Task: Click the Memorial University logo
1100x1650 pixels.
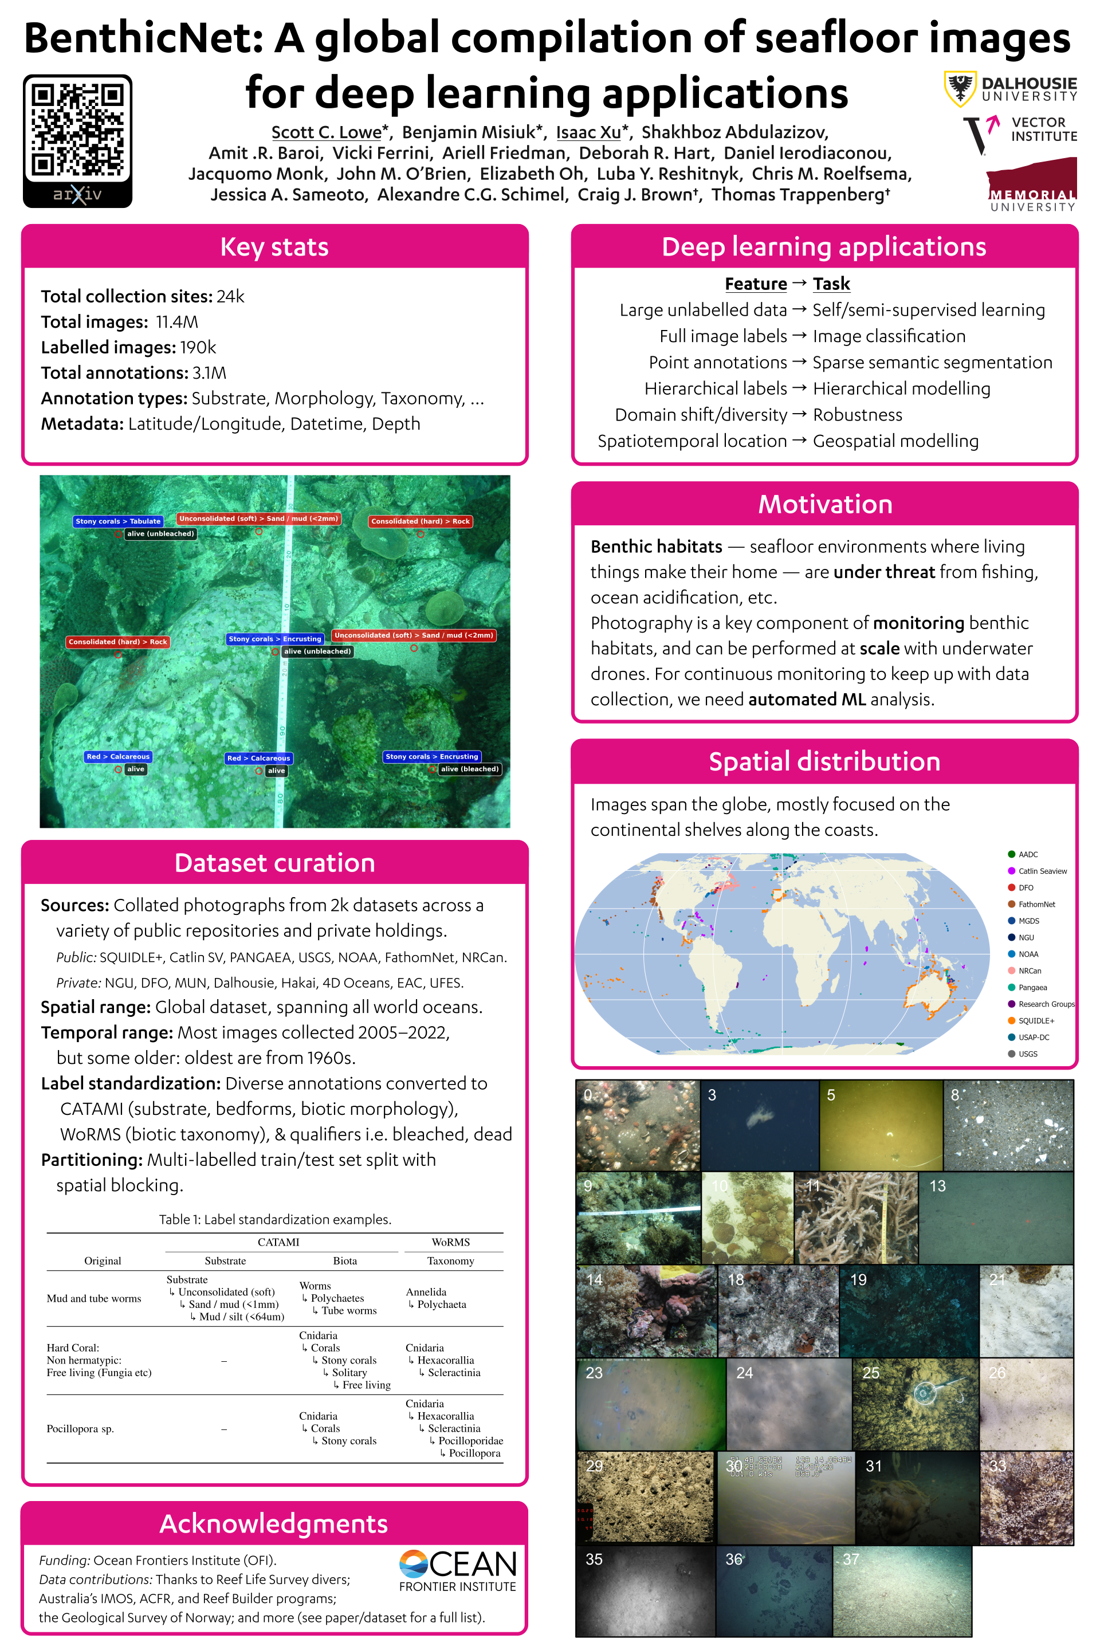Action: pyautogui.click(x=1031, y=185)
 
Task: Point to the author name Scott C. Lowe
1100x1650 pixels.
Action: pyautogui.click(x=326, y=132)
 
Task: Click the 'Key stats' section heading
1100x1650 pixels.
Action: pyautogui.click(x=274, y=247)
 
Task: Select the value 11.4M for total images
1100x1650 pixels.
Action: pyautogui.click(x=177, y=322)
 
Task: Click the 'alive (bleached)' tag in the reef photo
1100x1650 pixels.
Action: pyautogui.click(x=469, y=769)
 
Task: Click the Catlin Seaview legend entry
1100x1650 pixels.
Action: pyautogui.click(x=1042, y=871)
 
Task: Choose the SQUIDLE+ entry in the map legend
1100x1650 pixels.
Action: pyautogui.click(x=1035, y=1021)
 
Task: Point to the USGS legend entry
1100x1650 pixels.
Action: pyautogui.click(x=1027, y=1054)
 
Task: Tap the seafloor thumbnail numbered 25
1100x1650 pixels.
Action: pyautogui.click(x=915, y=1404)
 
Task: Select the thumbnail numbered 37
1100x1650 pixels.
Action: pyautogui.click(x=902, y=1590)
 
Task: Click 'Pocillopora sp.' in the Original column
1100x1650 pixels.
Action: pyautogui.click(x=80, y=1429)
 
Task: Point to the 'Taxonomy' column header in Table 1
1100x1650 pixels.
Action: pyautogui.click(x=450, y=1260)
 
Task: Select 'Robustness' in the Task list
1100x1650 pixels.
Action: pyautogui.click(x=857, y=415)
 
